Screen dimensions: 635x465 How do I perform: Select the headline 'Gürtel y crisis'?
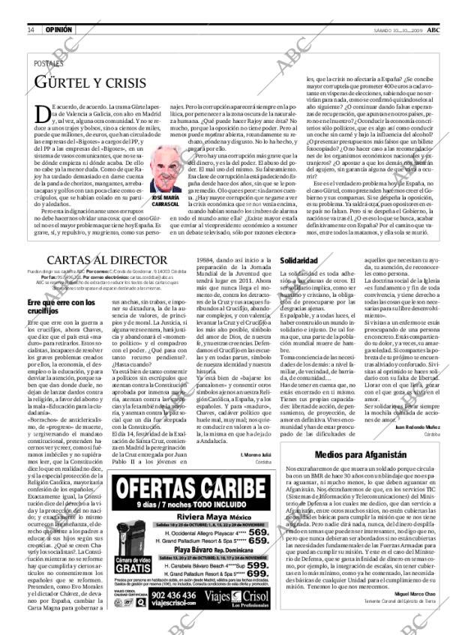[83, 82]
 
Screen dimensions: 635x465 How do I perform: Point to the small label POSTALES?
[49, 64]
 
